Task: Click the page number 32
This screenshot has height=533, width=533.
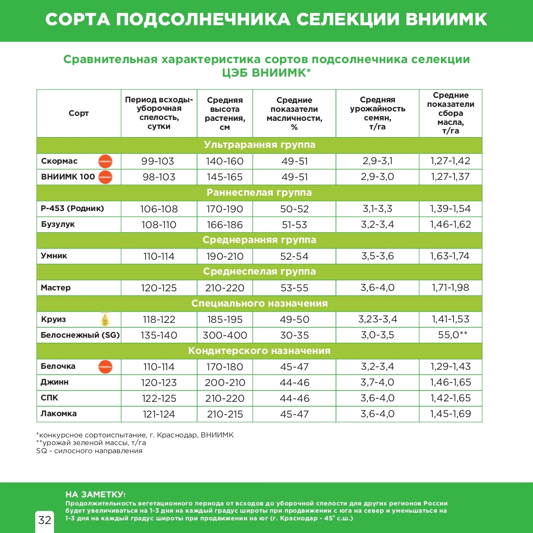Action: (x=45, y=520)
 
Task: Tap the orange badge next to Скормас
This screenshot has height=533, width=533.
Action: (x=105, y=161)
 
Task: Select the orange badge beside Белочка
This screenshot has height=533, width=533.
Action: (x=105, y=367)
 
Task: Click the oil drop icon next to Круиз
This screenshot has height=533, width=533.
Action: (x=106, y=319)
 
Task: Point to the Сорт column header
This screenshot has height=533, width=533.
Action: (x=78, y=113)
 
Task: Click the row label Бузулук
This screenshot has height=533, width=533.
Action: (x=58, y=224)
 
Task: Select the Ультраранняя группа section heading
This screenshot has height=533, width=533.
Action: (x=259, y=145)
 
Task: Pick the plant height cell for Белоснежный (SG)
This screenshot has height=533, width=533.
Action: (x=225, y=335)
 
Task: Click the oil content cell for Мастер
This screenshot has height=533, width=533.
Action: (x=294, y=288)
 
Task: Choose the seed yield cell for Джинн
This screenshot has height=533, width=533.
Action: (x=377, y=382)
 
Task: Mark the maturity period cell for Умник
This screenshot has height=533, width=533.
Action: (x=159, y=256)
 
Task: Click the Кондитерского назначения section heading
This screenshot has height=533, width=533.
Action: (x=259, y=351)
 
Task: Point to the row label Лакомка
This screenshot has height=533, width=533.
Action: (x=59, y=414)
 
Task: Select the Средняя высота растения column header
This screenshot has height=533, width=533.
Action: (x=225, y=113)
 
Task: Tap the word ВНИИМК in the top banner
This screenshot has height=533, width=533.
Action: (x=446, y=19)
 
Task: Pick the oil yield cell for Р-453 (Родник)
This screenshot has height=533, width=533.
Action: (x=450, y=209)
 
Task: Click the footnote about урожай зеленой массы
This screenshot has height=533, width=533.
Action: (x=91, y=443)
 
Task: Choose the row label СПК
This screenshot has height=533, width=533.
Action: (x=50, y=398)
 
